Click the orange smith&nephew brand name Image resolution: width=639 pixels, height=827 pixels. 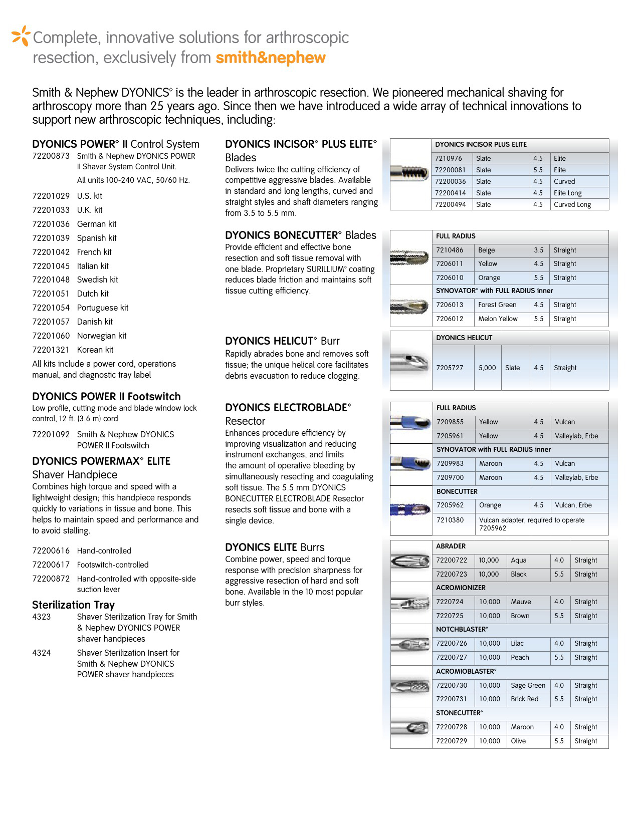271,58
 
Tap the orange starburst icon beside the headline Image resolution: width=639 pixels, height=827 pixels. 21,36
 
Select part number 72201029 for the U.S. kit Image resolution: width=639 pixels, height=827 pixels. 51,196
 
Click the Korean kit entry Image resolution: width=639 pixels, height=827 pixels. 95,350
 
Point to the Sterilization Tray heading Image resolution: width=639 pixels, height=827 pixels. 73,605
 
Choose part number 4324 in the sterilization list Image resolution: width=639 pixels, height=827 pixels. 42,653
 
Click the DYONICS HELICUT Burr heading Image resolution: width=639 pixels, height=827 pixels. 282,341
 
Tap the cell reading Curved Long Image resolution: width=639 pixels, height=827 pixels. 572,204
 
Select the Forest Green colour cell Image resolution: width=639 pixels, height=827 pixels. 497,305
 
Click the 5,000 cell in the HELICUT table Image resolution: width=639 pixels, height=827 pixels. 487,368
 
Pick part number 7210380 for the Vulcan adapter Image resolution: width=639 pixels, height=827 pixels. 450,520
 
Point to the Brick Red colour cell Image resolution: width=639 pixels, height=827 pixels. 524,699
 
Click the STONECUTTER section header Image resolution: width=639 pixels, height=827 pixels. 459,713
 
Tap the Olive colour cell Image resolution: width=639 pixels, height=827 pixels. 518,741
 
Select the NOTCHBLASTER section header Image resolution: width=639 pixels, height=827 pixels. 462,629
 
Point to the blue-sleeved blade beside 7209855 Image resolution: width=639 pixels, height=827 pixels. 410,423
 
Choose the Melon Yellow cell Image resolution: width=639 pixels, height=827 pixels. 498,319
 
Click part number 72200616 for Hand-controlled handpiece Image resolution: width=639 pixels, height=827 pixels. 51,550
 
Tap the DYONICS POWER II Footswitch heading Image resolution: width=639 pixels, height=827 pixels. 106,396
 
